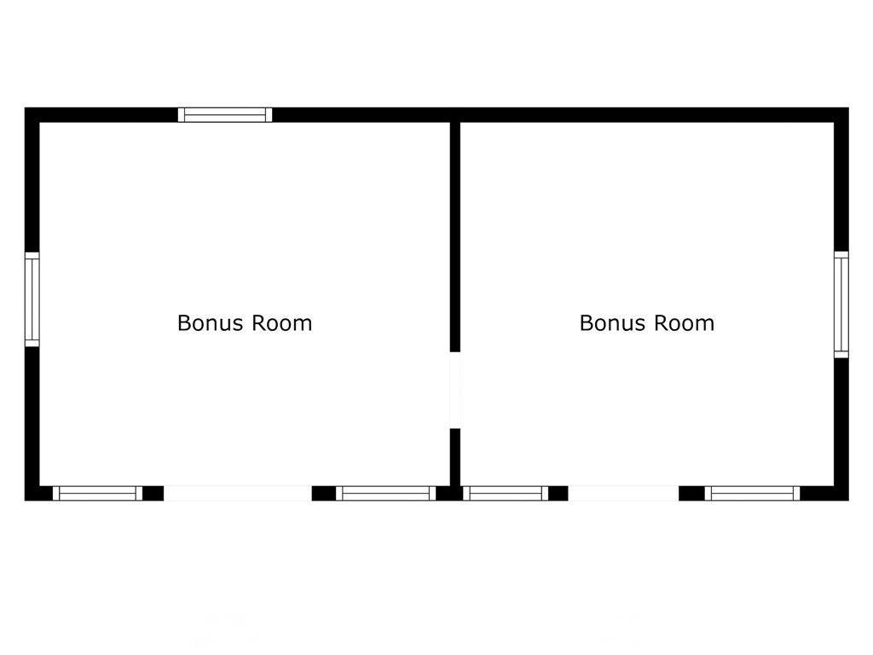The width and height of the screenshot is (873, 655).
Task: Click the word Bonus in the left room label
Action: [x=211, y=323]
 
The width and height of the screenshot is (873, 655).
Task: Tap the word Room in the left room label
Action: [x=281, y=323]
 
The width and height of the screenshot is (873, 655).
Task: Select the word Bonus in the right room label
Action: [x=614, y=323]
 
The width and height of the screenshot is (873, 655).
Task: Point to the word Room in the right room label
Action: [x=685, y=323]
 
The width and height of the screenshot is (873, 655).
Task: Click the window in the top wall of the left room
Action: [x=225, y=115]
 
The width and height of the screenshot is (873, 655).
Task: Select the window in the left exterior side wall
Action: [x=32, y=299]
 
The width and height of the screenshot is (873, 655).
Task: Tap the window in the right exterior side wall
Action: [x=841, y=304]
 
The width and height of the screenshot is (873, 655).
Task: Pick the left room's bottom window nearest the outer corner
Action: [x=98, y=494]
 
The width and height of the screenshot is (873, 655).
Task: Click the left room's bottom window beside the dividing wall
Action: [x=386, y=494]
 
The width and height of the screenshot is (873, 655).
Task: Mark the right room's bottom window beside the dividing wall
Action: [x=506, y=494]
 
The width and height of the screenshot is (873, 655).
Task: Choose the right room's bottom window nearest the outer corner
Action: [x=752, y=494]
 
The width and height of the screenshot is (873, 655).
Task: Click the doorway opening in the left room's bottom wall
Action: [x=238, y=494]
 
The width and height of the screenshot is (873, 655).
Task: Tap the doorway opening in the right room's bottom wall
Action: [x=623, y=494]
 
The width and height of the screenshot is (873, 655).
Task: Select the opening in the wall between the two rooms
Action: [x=455, y=391]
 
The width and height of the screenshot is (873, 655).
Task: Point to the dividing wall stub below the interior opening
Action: [x=455, y=457]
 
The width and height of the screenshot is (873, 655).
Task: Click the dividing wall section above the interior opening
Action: [x=455, y=237]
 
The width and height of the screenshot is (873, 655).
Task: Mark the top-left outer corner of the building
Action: [x=25, y=107]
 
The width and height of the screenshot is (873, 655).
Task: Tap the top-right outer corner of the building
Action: [x=848, y=107]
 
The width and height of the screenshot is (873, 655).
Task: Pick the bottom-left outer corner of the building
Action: [x=25, y=500]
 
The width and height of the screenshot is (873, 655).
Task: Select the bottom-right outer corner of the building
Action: [x=848, y=500]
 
